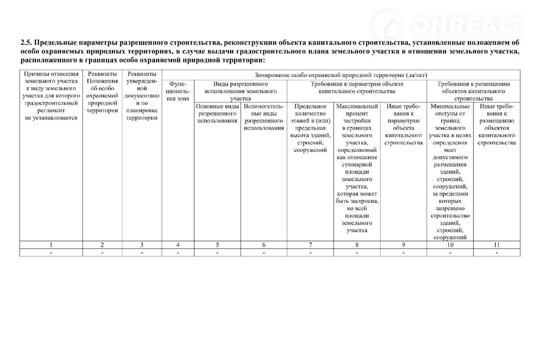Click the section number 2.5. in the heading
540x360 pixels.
pos(26,43)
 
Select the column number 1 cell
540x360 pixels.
pos(51,244)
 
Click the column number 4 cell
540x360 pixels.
pos(178,244)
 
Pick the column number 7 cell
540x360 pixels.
pos(310,244)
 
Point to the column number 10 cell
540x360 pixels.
pos(450,244)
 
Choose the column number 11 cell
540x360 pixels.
pos(497,244)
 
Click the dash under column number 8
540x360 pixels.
pos(357,253)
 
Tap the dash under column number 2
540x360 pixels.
pos(102,253)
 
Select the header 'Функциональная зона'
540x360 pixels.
pos(178,91)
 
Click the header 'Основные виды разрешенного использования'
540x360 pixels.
pos(217,113)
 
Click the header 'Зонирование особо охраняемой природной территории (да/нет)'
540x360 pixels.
pos(341,75)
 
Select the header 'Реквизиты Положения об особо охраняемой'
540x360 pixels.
pos(102,92)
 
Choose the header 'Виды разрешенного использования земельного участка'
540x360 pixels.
pos(240,91)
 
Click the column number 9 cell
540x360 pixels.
pos(403,244)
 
